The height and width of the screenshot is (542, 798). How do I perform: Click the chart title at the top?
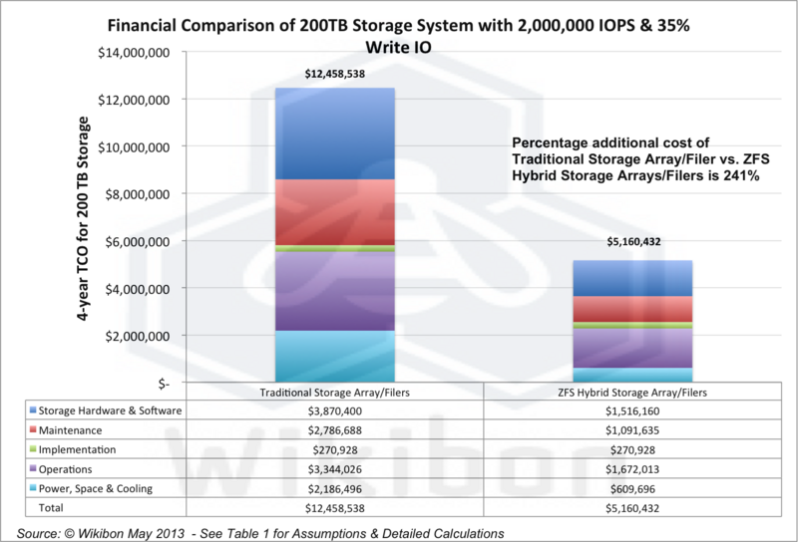pos(399,33)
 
